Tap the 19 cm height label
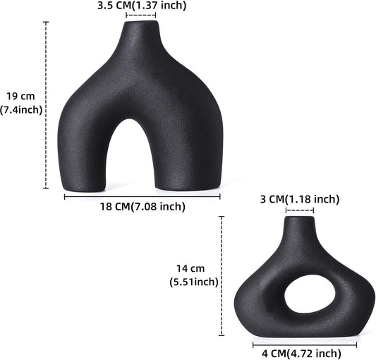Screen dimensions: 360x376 click(x=20, y=96)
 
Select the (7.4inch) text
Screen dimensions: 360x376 click(x=21, y=109)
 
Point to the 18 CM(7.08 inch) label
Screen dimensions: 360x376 click(x=144, y=207)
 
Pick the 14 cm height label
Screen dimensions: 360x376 click(x=190, y=268)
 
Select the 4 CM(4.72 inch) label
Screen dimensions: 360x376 click(x=301, y=353)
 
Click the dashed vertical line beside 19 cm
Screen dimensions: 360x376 click(x=46, y=106)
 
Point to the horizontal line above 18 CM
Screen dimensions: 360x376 click(x=142, y=196)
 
